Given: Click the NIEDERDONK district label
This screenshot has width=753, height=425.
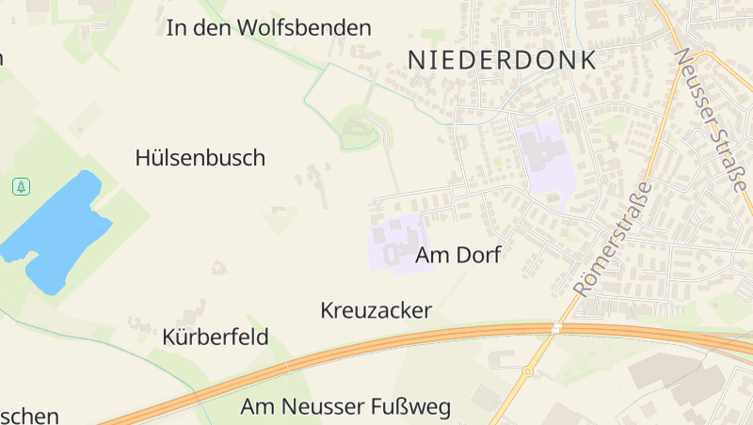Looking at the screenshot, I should click(503, 60).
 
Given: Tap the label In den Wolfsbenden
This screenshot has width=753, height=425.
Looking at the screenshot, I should click(268, 28).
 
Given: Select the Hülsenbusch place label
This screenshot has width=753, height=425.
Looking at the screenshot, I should click(200, 158).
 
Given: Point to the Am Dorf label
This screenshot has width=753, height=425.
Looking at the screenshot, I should click(457, 254).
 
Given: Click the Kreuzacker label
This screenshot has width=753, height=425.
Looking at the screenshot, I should click(376, 310).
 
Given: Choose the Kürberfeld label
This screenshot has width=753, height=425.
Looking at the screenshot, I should click(216, 337).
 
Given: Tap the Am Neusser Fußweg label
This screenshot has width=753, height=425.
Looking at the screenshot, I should click(345, 407).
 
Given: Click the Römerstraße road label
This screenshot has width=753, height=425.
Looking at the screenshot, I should click(613, 239).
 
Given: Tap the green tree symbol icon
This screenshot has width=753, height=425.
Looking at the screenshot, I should click(21, 186).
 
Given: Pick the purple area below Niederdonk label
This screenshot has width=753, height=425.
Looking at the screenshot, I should click(545, 155).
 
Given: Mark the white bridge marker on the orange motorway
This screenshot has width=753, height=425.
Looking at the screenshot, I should click(557, 328).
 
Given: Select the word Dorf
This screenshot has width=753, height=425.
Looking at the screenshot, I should click(479, 254).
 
